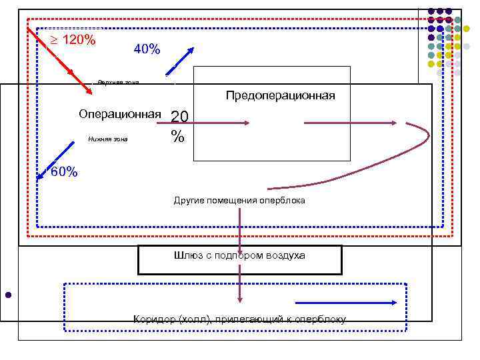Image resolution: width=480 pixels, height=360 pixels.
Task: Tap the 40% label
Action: click(147, 49)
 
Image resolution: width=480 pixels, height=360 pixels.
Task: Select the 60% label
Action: click(64, 172)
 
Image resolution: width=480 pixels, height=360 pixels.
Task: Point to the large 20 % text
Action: click(179, 126)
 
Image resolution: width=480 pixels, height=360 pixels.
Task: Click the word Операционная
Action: click(120, 114)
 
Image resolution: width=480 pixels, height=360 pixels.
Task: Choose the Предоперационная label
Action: click(280, 95)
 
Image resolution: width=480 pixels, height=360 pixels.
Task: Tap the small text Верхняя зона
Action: click(118, 82)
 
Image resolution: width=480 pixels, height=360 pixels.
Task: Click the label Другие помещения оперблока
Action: click(239, 200)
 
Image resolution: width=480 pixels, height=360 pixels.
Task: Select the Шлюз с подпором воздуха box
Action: click(239, 259)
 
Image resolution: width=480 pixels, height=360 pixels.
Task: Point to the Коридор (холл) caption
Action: click(239, 319)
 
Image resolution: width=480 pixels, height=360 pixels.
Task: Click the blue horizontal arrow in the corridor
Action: click(347, 302)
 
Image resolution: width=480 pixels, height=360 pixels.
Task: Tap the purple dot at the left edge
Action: click(8, 294)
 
